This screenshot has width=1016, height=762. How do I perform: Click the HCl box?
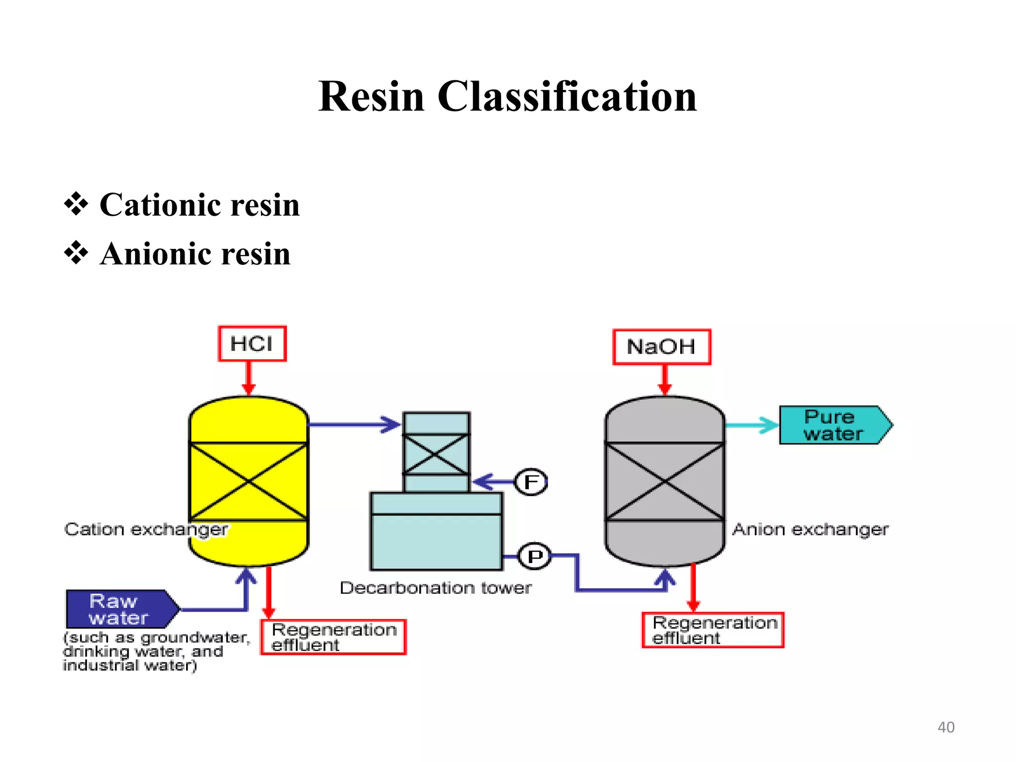[252, 343]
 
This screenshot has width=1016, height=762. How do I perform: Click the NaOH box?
[661, 347]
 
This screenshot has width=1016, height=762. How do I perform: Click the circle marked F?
[531, 482]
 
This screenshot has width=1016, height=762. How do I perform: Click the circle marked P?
[534, 557]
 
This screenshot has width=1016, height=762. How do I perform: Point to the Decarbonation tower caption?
[435, 588]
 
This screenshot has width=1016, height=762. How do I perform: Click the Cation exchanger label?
[146, 529]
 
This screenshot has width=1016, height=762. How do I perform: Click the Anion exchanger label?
[810, 529]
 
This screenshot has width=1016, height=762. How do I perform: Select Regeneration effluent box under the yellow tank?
[333, 637]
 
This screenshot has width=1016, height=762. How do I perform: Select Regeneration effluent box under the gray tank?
[713, 630]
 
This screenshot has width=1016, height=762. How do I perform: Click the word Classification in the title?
[567, 96]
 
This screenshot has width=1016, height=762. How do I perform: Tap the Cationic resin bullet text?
[199, 205]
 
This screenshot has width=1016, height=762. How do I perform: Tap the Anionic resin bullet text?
[195, 254]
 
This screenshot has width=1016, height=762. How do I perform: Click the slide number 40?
[946, 727]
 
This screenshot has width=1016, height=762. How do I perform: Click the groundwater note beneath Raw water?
[156, 651]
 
